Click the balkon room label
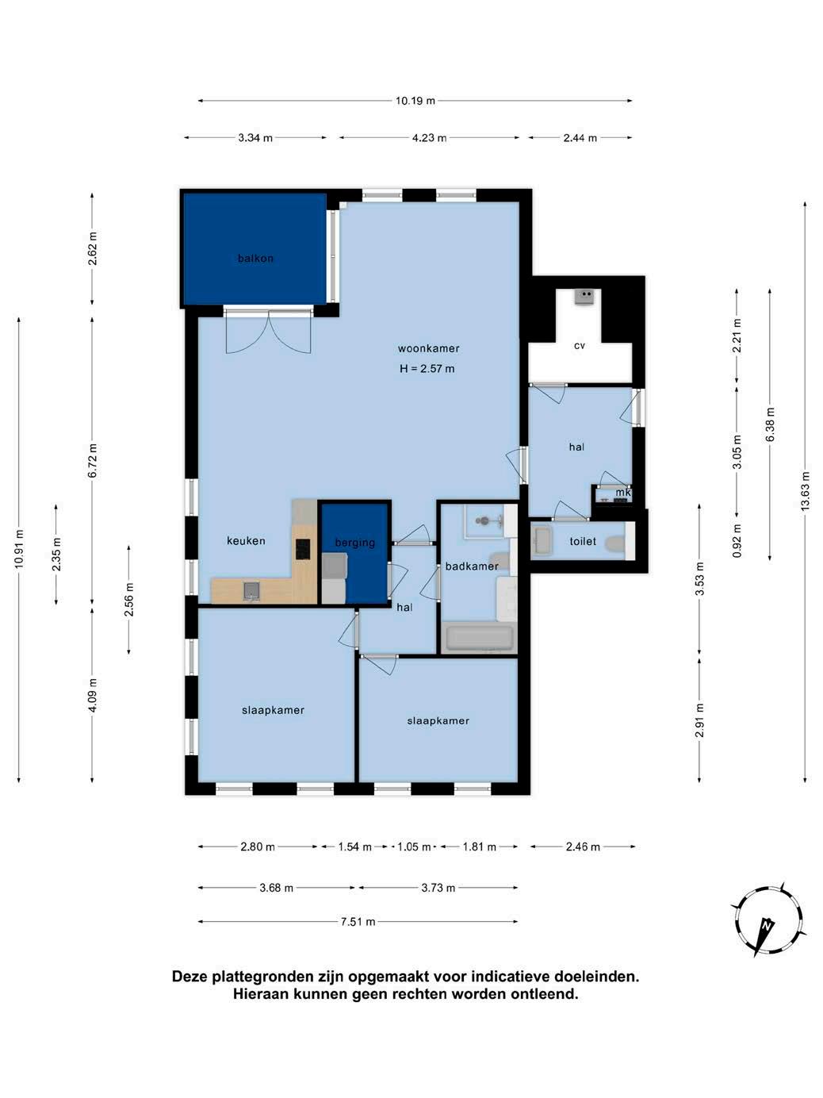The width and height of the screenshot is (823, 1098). pos(255,258)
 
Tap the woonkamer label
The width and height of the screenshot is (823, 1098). pos(428,348)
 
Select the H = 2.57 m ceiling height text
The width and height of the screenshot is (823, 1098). pos(427,369)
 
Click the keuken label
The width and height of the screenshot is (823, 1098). pos(246,540)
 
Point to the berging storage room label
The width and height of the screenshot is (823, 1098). pos(354,543)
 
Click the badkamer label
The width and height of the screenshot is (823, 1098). pos(472,566)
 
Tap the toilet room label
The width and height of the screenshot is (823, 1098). pos(583,541)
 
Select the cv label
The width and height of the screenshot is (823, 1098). pos(579,346)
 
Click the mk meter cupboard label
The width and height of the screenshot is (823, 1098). pos(622,492)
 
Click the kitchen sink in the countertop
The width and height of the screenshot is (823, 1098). pos(251,590)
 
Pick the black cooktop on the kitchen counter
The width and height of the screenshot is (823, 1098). pos(303,549)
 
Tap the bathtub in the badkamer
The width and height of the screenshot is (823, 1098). pos(480,638)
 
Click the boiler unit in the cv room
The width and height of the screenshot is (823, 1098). pos(584,298)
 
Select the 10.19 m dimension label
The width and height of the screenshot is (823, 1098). pos(415,101)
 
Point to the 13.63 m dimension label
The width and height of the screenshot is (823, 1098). pos(805,491)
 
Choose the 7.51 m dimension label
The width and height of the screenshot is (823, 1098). pos(358,921)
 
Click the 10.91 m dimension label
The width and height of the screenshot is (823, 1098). pos(19,549)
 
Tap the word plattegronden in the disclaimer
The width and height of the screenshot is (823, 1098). pos(264,977)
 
